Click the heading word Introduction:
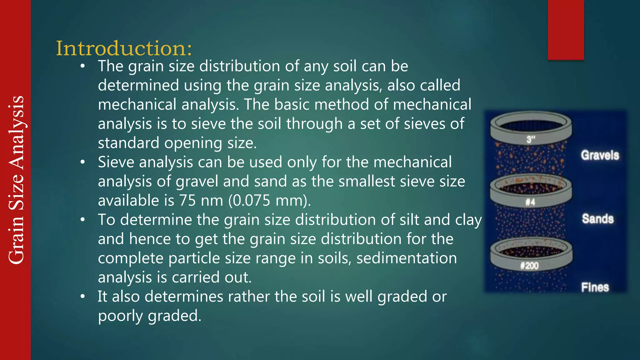pos(124,48)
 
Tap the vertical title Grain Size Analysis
pos(16,180)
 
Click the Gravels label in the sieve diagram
pos(600,155)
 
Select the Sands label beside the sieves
pos(597,219)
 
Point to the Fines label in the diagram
pos(595,287)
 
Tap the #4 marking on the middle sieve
pos(530,202)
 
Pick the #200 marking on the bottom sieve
pos(529,266)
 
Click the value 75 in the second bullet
pos(187,201)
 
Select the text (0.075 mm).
pos(270,201)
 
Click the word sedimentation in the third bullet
pos(407,258)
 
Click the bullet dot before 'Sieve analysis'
pos(82,162)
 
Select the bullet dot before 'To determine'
pos(82,220)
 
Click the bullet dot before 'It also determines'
pos(82,297)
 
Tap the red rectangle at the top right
pos(566,30)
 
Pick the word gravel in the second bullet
pos(197,182)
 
